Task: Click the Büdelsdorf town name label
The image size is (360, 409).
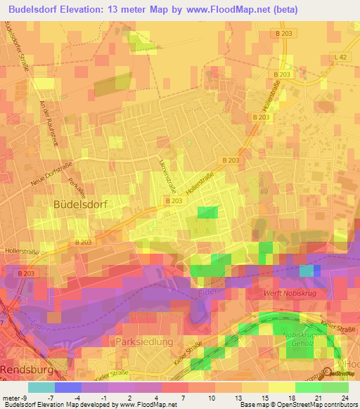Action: [x=79, y=203]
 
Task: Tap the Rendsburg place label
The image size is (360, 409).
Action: [x=27, y=368]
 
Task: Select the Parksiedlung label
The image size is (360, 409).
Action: [x=141, y=342]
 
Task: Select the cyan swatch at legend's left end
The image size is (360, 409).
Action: [x=41, y=387]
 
